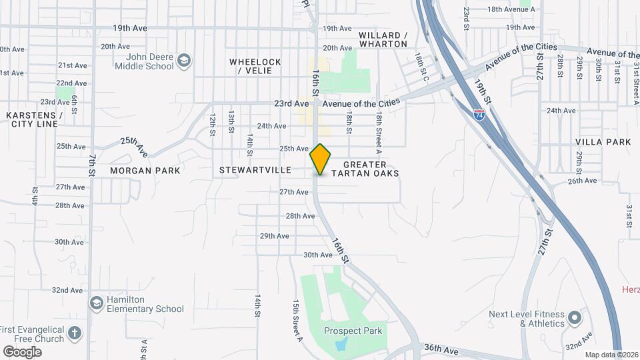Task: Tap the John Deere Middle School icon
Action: pos(184,62)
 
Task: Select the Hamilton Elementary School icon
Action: pos(97,303)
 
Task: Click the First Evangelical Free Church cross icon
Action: pos(75,333)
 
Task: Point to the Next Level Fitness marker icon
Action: pos(575,318)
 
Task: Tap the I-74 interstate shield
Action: pos(479,114)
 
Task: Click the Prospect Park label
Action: pos(353,331)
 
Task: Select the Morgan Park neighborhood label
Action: pos(145,171)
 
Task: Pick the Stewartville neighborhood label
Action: pos(255,171)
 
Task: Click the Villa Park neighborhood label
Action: pos(603,142)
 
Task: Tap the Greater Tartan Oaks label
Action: pos(371,169)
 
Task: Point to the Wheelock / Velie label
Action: pos(255,66)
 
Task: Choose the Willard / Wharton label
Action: pos(383,39)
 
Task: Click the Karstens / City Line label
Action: pos(34,119)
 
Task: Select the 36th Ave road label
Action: pos(441,349)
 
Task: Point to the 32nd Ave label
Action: pos(67,290)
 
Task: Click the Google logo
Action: pos(21,351)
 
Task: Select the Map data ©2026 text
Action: pos(611,355)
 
